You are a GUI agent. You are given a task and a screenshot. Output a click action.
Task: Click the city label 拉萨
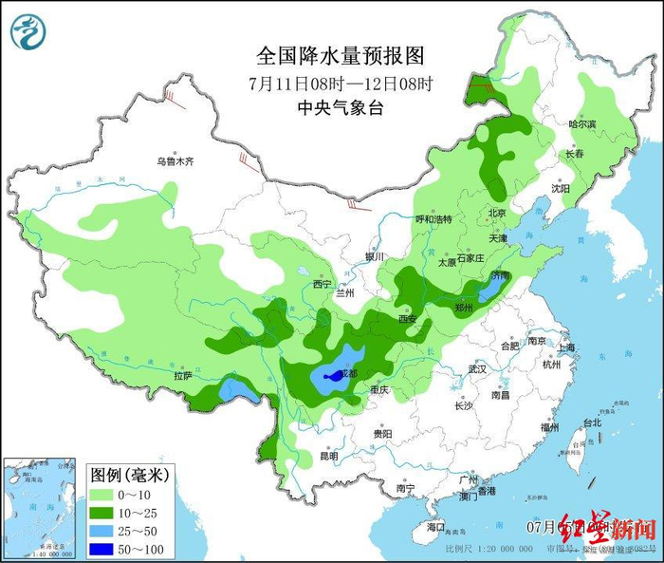[x=182, y=376]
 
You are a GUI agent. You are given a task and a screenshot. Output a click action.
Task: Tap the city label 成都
[x=347, y=374]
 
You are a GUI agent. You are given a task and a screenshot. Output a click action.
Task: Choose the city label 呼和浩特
[x=433, y=218]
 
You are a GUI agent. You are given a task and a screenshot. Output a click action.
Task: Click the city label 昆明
[x=328, y=456]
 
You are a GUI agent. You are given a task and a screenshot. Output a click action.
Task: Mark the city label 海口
[x=435, y=526]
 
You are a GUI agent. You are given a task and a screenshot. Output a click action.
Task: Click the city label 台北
[x=591, y=422]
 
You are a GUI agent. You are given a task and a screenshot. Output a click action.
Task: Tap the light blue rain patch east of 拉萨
[x=231, y=387]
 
